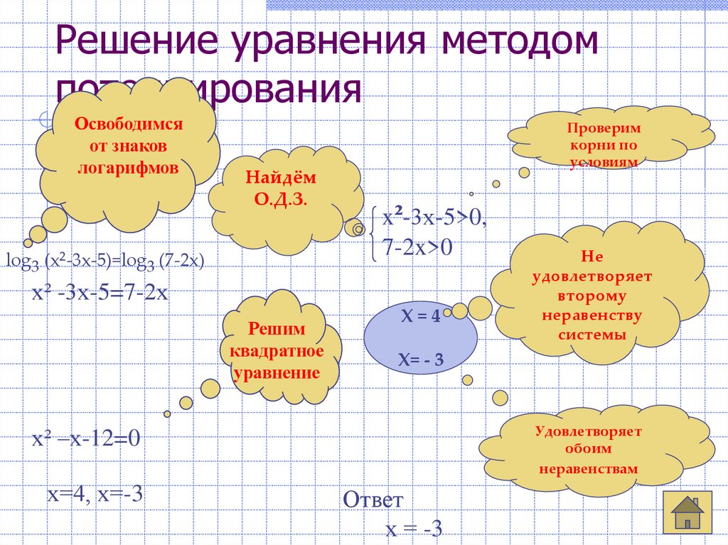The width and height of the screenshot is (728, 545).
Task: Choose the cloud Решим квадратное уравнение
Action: [x=277, y=351]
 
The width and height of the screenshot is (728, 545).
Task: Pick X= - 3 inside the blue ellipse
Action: [x=421, y=361]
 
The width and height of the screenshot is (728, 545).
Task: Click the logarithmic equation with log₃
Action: [x=105, y=261]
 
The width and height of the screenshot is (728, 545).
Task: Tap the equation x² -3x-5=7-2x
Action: [x=99, y=293]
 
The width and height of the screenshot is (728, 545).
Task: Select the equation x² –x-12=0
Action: [x=86, y=439]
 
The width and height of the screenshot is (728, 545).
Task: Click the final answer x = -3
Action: [x=414, y=529]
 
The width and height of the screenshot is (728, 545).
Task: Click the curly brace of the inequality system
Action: [x=373, y=232]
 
